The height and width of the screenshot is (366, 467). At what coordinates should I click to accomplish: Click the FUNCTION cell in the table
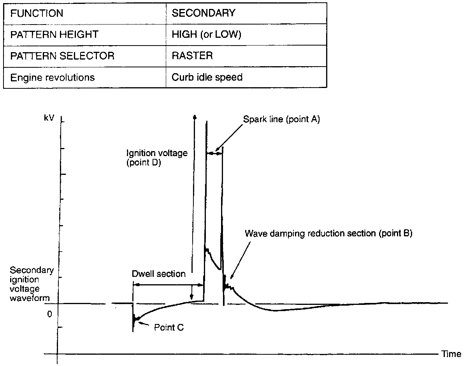click(x=37, y=13)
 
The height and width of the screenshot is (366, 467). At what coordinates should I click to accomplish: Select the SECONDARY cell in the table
click(x=204, y=13)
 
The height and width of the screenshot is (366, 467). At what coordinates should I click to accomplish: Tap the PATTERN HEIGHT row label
click(x=54, y=34)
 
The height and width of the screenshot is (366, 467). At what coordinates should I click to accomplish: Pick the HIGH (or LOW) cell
click(x=206, y=34)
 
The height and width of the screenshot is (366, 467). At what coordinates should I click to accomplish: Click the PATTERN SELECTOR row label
click(x=62, y=56)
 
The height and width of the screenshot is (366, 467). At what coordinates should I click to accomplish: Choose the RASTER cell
click(x=192, y=56)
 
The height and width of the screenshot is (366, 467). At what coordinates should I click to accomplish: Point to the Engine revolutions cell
click(x=52, y=77)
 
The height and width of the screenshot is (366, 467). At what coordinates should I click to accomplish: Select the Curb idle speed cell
click(x=207, y=77)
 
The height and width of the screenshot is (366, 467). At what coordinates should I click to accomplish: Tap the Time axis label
click(x=451, y=354)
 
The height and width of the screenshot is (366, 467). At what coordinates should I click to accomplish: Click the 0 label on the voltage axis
click(x=49, y=314)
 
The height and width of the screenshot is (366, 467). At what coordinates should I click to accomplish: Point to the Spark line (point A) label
click(x=281, y=120)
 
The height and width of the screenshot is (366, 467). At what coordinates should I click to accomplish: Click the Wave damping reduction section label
click(x=328, y=234)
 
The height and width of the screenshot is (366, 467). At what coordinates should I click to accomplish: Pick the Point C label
click(x=169, y=327)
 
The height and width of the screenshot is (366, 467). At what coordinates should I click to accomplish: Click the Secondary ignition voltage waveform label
click(x=31, y=284)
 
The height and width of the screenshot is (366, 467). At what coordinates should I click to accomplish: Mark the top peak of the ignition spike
click(x=206, y=122)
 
